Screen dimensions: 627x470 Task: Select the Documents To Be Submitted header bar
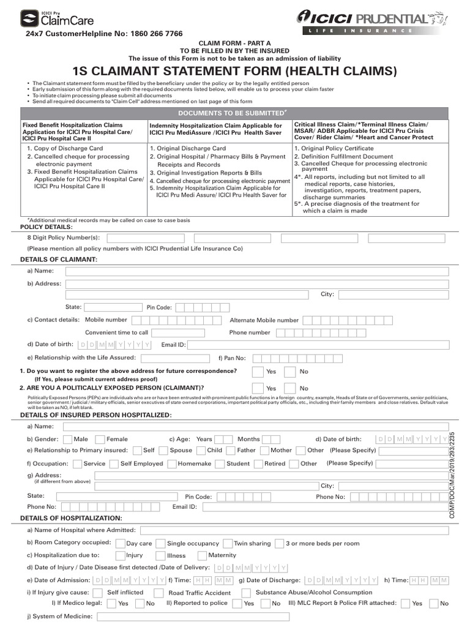(x=234, y=114)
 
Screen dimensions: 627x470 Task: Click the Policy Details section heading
(x=46, y=227)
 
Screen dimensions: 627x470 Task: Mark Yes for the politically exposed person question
(x=257, y=388)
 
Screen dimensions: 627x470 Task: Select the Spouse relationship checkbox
(x=162, y=450)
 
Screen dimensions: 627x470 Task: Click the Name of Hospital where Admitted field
(x=294, y=530)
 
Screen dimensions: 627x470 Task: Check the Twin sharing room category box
(x=228, y=543)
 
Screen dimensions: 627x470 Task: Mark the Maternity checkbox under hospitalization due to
(x=201, y=555)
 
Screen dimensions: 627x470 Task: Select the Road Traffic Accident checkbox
(x=159, y=593)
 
